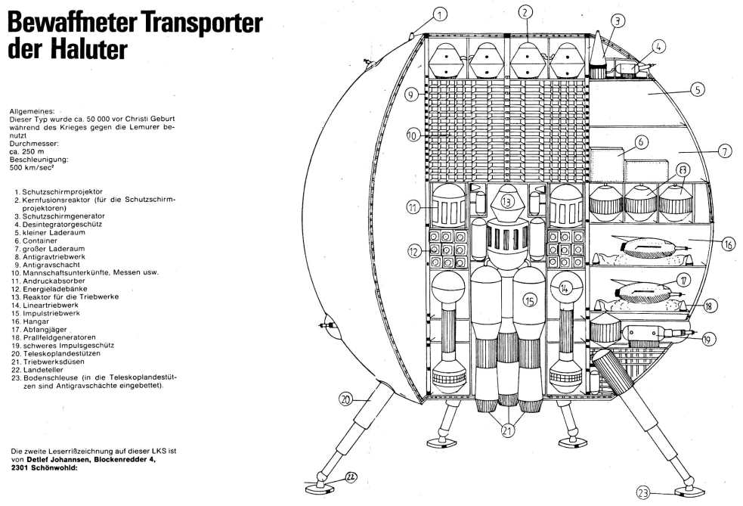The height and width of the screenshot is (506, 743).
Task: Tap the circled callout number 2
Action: point(527,11)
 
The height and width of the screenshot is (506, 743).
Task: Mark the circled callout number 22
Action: point(352,477)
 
